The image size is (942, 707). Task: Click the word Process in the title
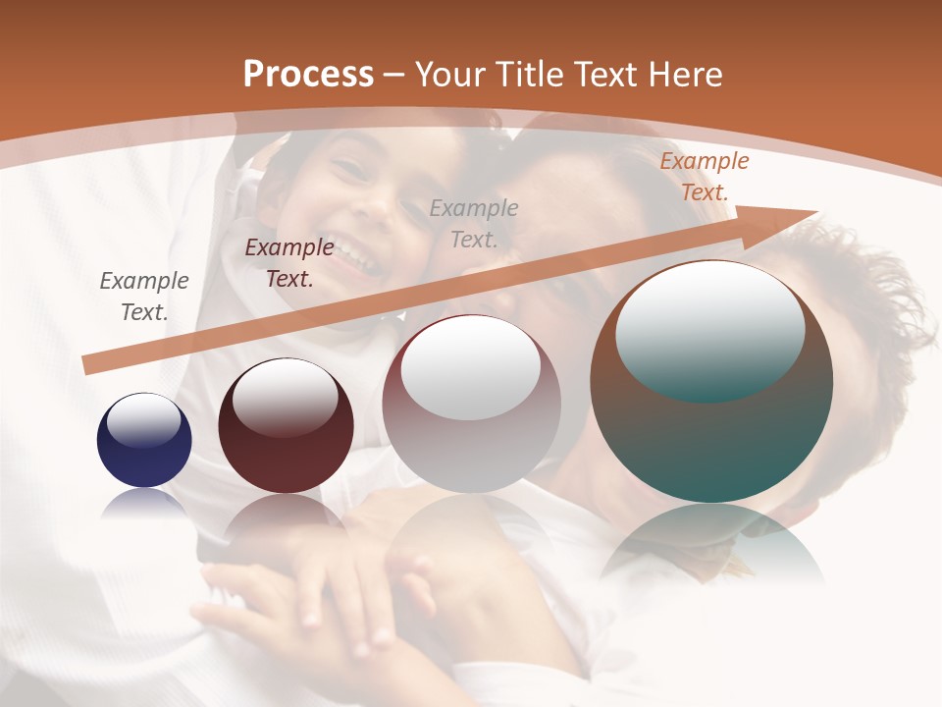tap(308, 75)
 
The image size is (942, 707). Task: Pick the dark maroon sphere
tap(286, 426)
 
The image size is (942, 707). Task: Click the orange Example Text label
tap(704, 177)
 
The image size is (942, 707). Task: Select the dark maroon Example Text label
tap(289, 263)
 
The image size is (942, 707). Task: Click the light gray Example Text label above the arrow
tap(474, 223)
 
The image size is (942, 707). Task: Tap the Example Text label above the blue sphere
tap(144, 296)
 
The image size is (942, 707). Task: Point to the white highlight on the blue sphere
tap(144, 420)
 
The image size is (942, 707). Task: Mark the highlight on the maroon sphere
tap(285, 396)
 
